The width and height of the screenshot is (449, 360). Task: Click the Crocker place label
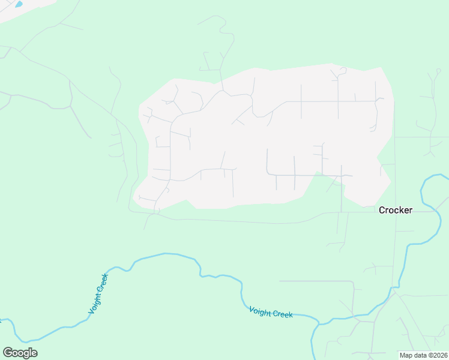[x=396, y=211]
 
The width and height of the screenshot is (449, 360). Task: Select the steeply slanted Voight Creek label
[x=98, y=293]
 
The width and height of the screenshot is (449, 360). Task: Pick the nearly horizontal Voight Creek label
[x=271, y=312]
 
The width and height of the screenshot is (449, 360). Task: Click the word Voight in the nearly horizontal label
[x=260, y=311]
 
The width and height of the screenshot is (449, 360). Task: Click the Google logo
[x=20, y=353]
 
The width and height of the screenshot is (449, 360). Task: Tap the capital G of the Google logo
[x=8, y=353]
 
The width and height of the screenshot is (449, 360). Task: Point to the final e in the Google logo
[x=34, y=353]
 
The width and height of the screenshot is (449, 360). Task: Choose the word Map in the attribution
[x=406, y=355]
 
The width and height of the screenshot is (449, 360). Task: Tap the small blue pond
[x=19, y=4]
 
